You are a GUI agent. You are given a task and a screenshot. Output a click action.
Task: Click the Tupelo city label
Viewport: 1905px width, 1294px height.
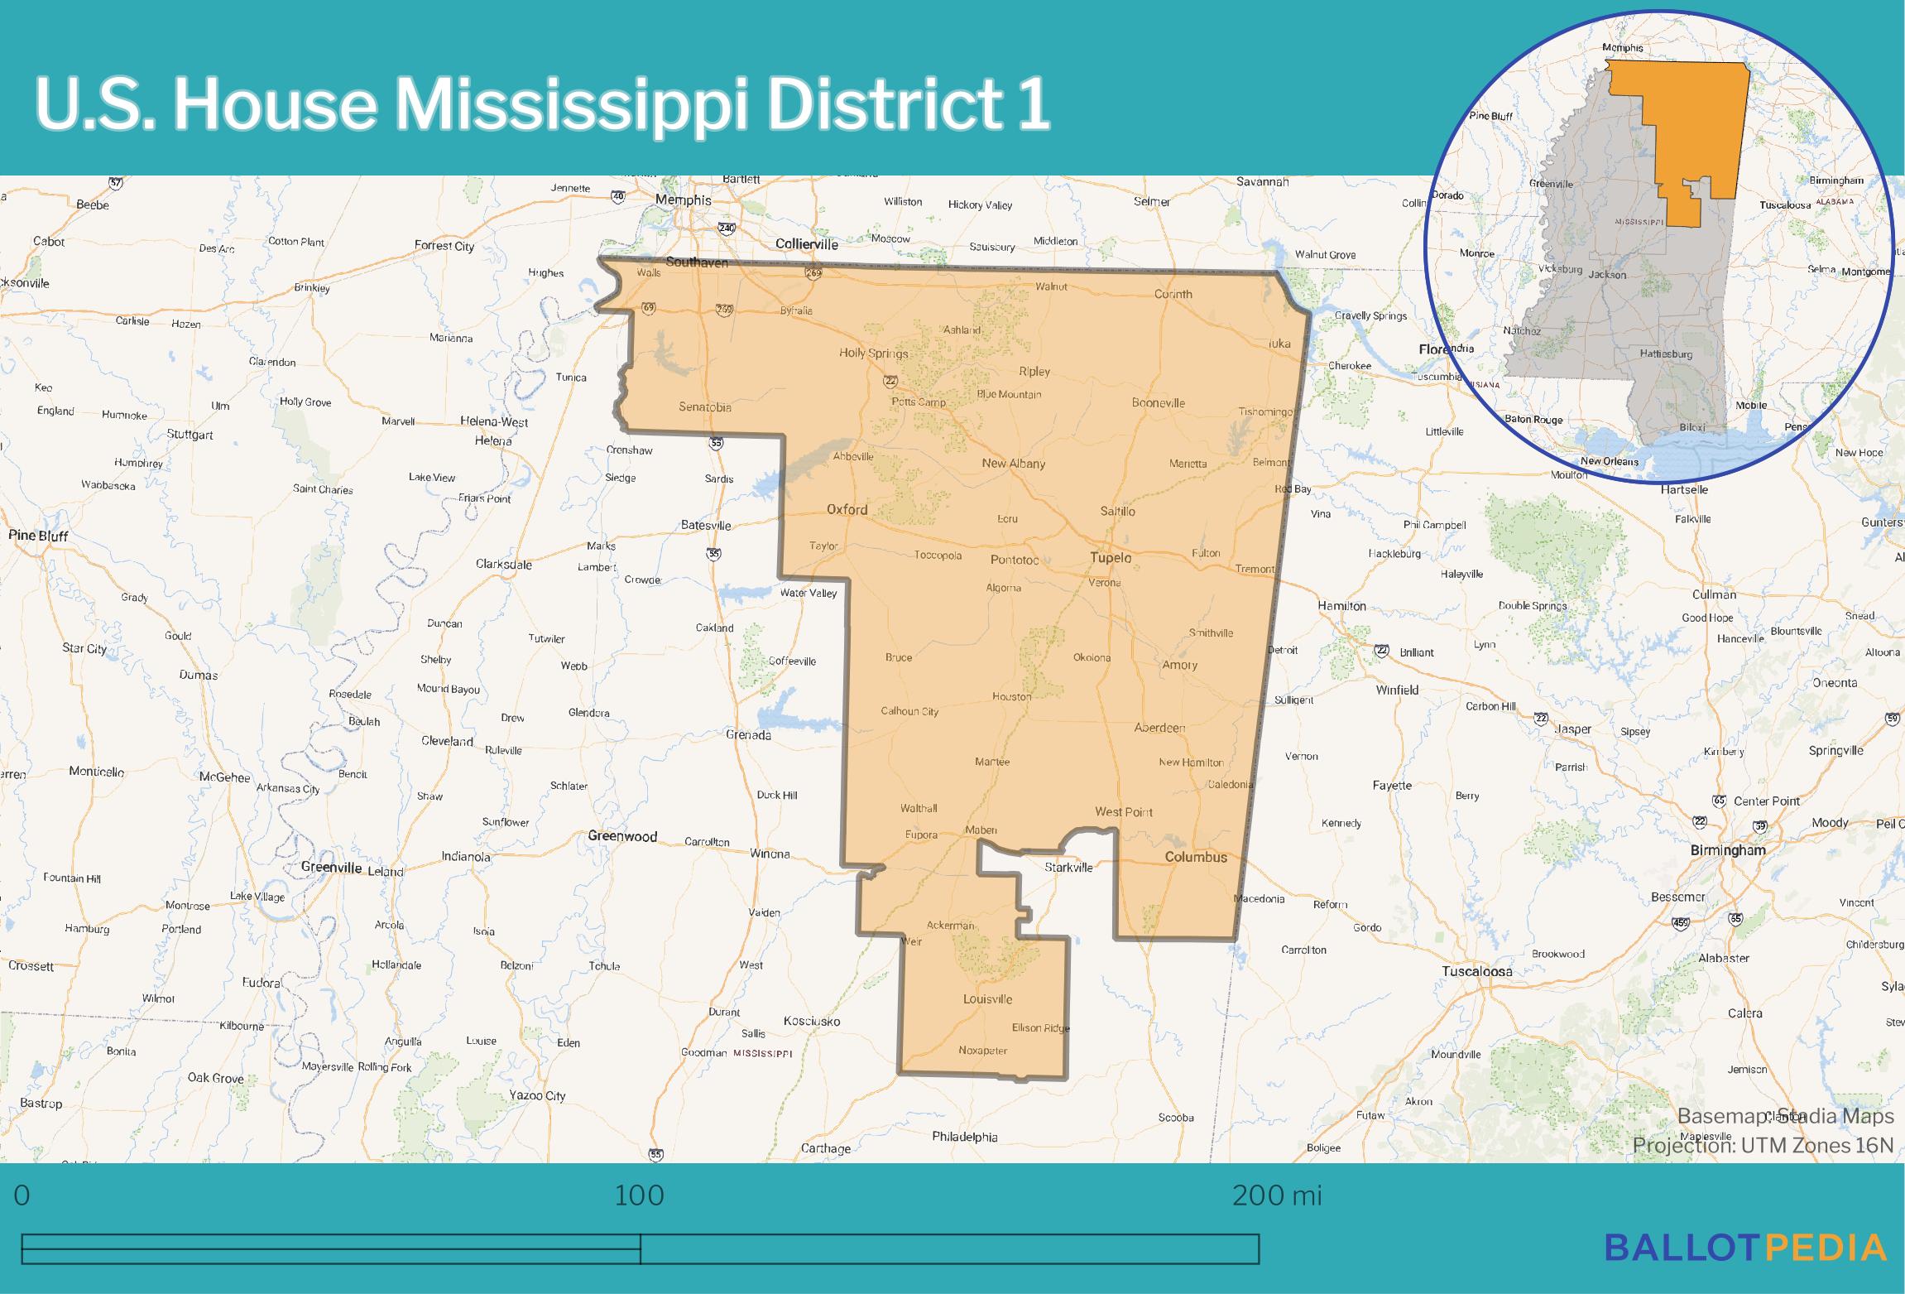click(1110, 558)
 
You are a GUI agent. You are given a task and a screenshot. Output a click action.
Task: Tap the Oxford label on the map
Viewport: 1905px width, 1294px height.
click(847, 509)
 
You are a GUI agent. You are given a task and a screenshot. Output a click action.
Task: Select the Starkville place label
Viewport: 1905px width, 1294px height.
click(1068, 868)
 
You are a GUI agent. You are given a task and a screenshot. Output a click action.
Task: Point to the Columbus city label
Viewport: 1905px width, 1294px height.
click(1196, 857)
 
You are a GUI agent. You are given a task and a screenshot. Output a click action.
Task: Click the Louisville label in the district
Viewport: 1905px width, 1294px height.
click(987, 999)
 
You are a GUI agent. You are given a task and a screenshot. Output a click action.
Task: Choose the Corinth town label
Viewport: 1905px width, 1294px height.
click(1173, 294)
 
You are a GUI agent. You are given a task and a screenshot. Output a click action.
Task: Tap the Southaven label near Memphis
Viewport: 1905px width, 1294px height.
click(697, 262)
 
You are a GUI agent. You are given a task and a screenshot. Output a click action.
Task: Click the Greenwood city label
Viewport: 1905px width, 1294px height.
click(622, 836)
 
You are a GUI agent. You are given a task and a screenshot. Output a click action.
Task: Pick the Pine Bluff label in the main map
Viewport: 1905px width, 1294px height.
click(38, 536)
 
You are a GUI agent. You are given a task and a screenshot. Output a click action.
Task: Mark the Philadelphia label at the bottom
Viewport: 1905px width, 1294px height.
click(964, 1137)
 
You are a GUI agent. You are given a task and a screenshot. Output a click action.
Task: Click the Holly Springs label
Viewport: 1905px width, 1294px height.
click(874, 353)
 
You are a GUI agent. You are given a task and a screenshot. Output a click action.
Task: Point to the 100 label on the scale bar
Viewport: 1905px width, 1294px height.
click(640, 1195)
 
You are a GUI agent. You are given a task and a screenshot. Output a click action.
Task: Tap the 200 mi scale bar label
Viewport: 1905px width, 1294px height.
click(1277, 1195)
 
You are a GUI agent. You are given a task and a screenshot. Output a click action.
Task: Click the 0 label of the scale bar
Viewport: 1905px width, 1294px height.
click(22, 1195)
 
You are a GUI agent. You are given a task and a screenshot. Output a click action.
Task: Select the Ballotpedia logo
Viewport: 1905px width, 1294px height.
click(1745, 1248)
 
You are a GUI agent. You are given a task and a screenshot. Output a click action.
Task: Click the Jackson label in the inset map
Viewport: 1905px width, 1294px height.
click(1608, 275)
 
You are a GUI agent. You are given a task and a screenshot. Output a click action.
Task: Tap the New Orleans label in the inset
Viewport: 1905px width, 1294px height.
click(1609, 462)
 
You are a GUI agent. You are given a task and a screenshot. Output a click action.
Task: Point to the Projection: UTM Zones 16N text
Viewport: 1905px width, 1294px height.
click(1763, 1145)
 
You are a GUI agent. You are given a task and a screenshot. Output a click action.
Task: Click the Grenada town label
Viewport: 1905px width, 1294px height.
click(748, 735)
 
